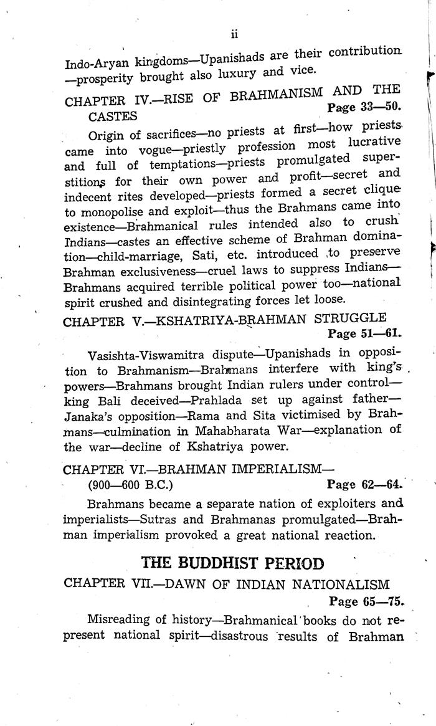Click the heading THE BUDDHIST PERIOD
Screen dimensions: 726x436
233,564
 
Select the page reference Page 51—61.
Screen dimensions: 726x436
364,333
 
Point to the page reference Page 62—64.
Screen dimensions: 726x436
366,484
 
